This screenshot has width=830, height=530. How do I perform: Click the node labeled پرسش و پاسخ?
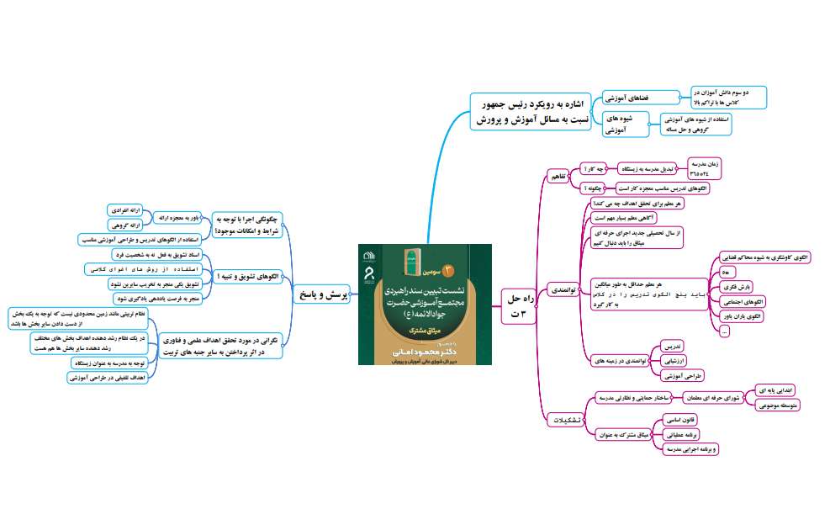point(322,295)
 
